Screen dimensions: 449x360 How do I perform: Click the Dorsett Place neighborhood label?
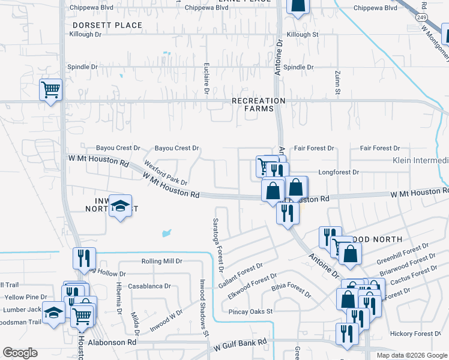click(107, 25)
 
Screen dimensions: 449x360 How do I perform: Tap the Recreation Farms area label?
click(258, 104)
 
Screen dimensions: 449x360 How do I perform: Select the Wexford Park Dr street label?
click(165, 172)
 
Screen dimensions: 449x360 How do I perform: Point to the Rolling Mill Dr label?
click(161, 261)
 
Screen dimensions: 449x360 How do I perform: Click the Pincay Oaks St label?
click(250, 311)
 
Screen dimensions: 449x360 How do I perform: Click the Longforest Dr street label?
click(339, 172)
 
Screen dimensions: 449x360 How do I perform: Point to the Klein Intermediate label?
click(420, 160)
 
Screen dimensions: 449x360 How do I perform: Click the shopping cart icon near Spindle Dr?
click(51, 89)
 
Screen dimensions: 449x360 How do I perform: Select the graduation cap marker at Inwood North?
click(121, 206)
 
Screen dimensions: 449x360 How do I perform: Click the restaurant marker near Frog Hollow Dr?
click(84, 257)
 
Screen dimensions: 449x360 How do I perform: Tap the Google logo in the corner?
click(20, 353)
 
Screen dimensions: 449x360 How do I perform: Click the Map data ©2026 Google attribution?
click(411, 355)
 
